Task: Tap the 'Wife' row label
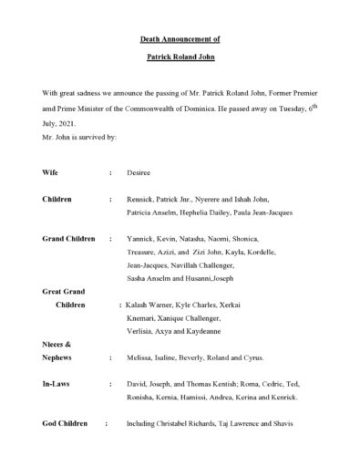pos(51,171)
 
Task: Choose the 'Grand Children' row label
pos(69,238)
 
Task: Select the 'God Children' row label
pos(66,424)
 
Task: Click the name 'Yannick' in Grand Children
pos(141,238)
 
